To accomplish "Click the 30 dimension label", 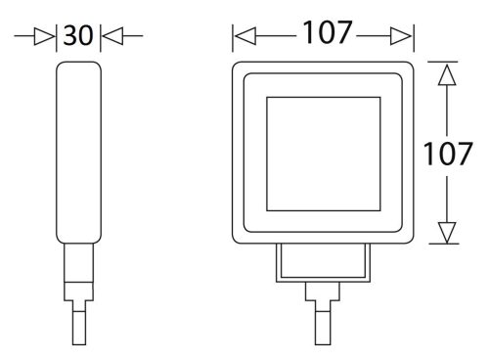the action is tap(78, 35).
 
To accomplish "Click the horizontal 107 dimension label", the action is tap(328, 32).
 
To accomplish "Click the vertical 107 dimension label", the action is tap(447, 154).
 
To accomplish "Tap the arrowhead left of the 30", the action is tap(44, 36).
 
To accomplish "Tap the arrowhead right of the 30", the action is tap(112, 36).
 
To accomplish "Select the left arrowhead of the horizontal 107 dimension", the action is tap(245, 36).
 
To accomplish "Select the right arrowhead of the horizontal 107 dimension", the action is tap(401, 36).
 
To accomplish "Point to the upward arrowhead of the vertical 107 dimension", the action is tap(447, 75).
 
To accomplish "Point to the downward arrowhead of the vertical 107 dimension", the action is tap(447, 233).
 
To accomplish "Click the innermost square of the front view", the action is tap(324, 97).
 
